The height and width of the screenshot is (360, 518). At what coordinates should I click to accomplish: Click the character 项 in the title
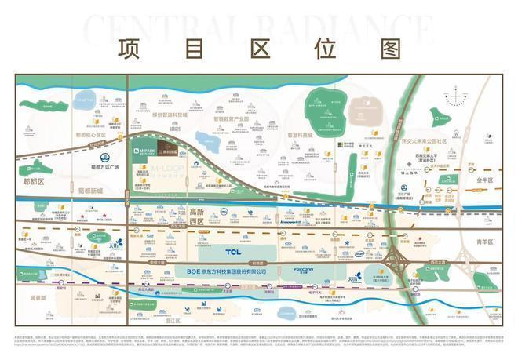(127, 48)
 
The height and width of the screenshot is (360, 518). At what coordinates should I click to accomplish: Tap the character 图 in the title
(389, 48)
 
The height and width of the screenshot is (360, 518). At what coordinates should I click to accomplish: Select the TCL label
(233, 252)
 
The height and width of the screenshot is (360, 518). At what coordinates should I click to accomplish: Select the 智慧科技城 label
(300, 136)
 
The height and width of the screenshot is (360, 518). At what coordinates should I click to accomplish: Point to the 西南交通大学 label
(427, 162)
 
